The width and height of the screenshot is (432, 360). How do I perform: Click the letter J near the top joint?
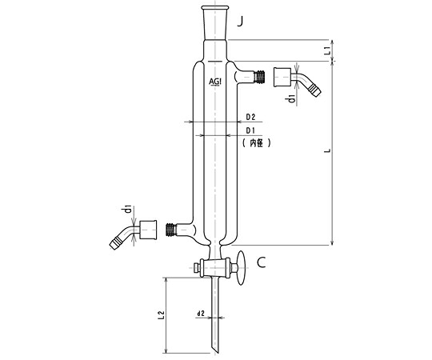[x=241, y=22]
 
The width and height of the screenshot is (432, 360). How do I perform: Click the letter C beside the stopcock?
[x=261, y=262]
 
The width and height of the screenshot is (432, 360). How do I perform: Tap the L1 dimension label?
[x=327, y=50]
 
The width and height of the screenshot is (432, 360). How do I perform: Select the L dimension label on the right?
[x=327, y=151]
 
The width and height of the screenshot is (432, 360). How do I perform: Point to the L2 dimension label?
[x=161, y=315]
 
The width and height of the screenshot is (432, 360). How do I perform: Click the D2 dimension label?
[x=250, y=117]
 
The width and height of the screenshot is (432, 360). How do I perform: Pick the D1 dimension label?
[x=250, y=130]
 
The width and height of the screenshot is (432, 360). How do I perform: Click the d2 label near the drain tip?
[x=201, y=313]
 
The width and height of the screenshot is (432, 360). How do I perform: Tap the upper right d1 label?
[x=291, y=98]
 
